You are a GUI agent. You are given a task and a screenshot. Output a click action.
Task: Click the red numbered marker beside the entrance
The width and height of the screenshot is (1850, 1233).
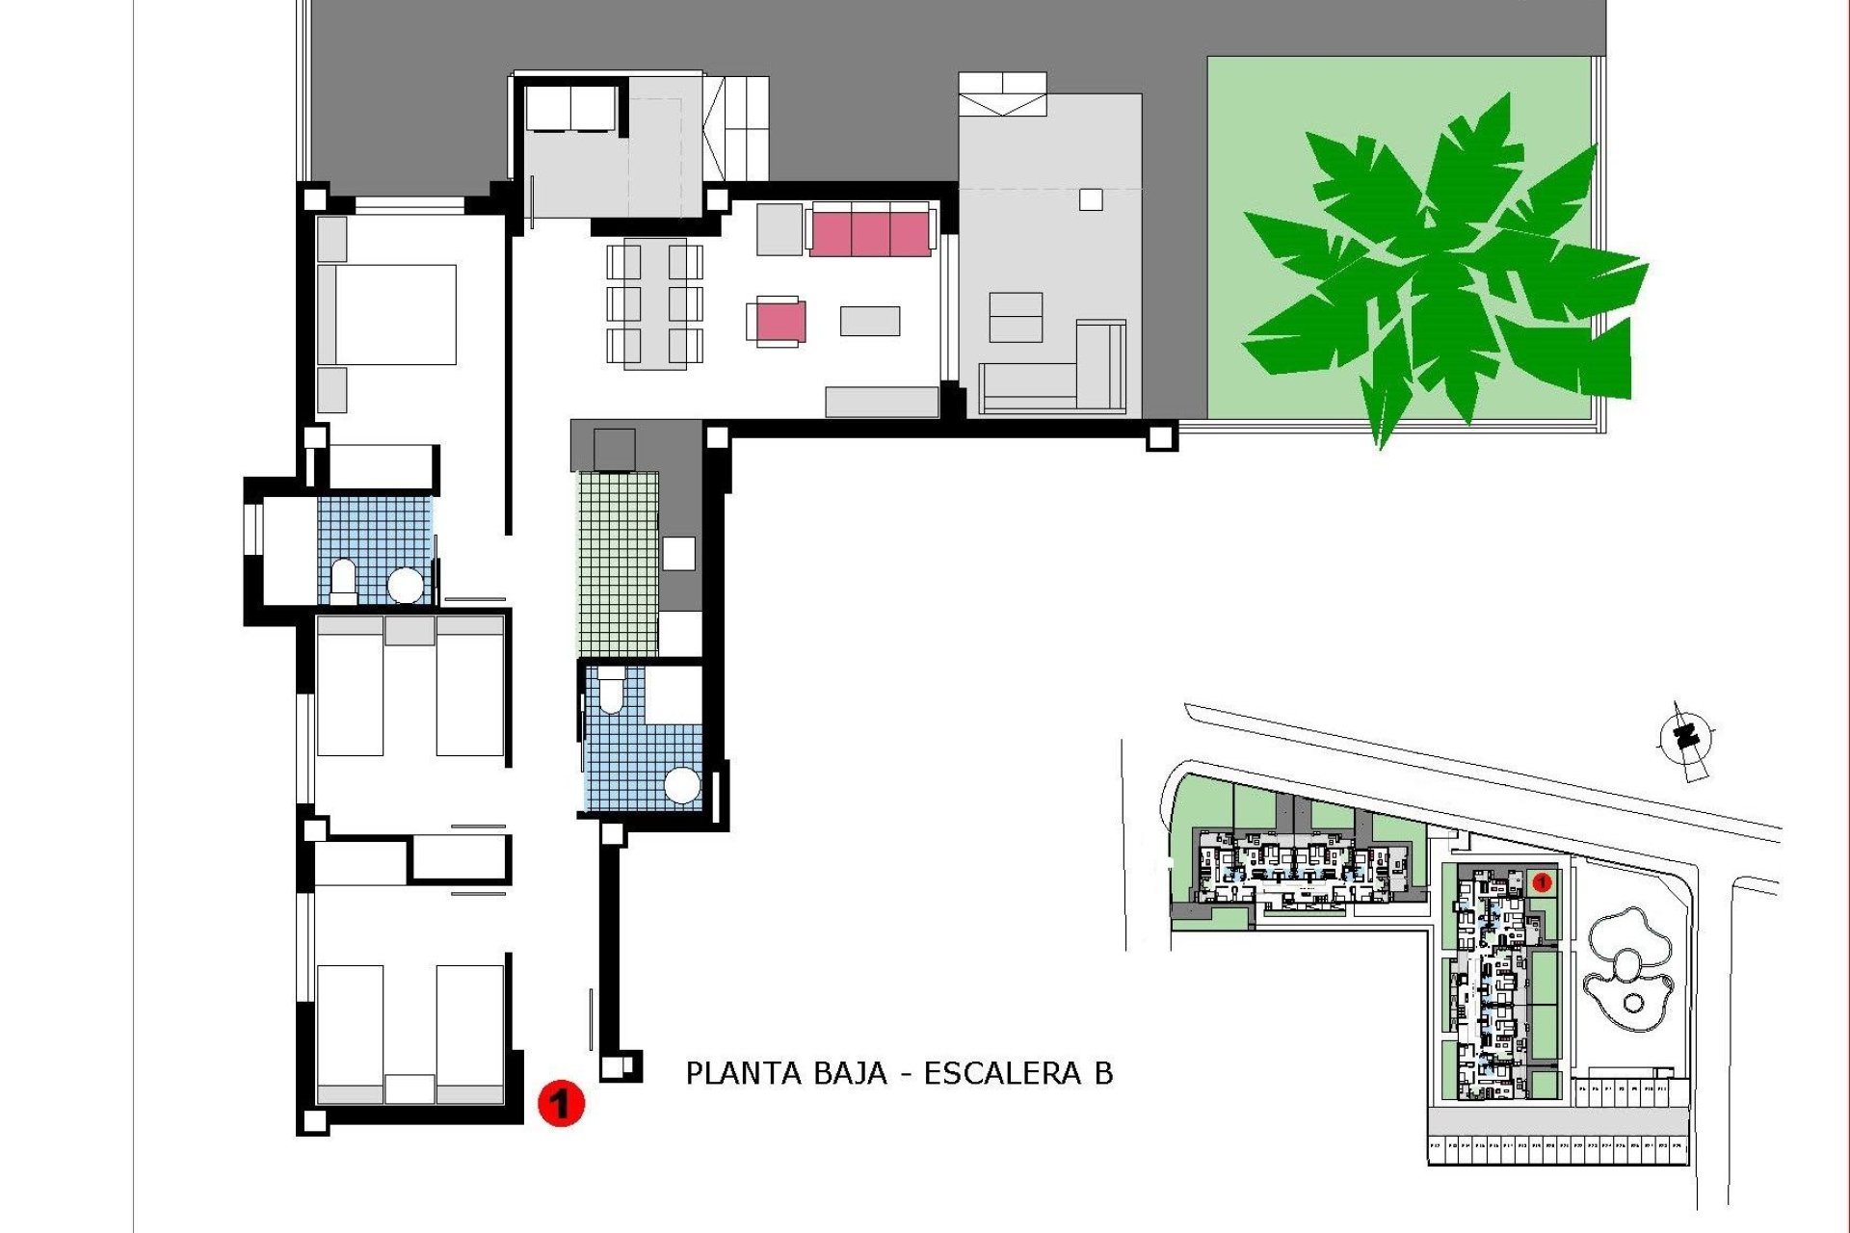click(561, 1102)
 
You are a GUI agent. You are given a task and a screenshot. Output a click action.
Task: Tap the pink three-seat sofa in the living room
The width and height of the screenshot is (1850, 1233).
click(871, 232)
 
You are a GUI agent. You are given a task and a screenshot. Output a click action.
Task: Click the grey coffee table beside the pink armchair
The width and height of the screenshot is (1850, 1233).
click(869, 321)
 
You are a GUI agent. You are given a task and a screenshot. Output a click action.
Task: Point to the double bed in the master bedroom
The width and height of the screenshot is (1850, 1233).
click(387, 315)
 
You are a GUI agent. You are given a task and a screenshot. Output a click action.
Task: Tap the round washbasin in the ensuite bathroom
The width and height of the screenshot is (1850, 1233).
click(405, 585)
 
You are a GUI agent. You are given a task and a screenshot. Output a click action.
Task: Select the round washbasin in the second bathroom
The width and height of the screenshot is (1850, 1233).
click(682, 785)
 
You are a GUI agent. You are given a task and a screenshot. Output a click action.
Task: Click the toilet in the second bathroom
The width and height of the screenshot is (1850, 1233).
click(612, 694)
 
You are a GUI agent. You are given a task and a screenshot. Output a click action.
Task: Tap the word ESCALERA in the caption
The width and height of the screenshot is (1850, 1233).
click(1002, 1073)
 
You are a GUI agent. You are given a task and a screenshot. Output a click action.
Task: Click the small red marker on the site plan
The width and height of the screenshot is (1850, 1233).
click(1540, 881)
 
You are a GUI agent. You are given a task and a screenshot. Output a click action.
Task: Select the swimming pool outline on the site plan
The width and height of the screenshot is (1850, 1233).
click(1628, 968)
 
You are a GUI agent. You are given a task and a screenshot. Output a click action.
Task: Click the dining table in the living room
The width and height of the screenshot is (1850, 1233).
click(654, 304)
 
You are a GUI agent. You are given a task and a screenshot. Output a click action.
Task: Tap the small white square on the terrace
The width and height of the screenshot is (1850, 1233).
click(1091, 199)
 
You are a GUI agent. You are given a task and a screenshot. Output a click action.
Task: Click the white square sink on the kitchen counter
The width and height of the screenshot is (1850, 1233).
click(678, 553)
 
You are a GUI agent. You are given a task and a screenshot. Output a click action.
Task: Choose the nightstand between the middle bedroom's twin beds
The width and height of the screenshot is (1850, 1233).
click(410, 631)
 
